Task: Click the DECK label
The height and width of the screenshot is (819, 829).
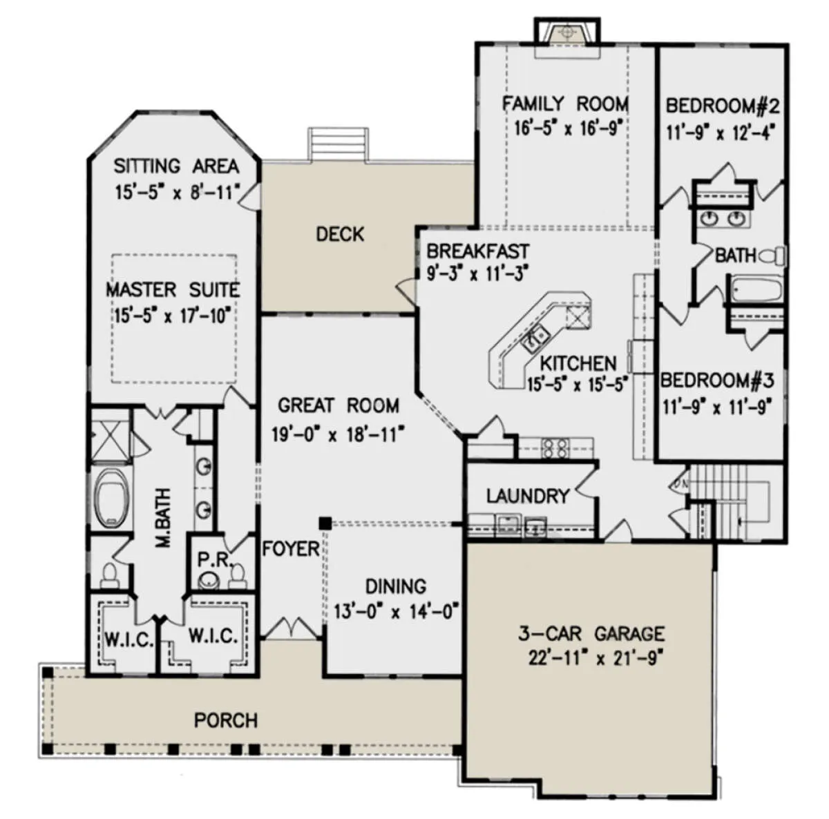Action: pyautogui.click(x=340, y=234)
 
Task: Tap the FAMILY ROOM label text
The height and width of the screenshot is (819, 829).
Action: pyautogui.click(x=566, y=104)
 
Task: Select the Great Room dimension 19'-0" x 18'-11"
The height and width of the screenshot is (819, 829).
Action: pyautogui.click(x=339, y=435)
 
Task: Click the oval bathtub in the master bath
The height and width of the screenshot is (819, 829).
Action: pyautogui.click(x=111, y=498)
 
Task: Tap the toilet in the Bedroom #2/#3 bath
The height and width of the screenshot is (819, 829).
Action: pyautogui.click(x=773, y=256)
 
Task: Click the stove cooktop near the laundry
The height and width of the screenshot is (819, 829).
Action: pyautogui.click(x=555, y=448)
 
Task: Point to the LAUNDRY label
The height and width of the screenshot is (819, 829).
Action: pyautogui.click(x=528, y=496)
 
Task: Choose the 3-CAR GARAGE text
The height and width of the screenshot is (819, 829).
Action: pyautogui.click(x=591, y=634)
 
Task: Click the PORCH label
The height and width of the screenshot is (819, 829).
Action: pyautogui.click(x=226, y=720)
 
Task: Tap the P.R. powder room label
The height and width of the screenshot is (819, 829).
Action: pyautogui.click(x=215, y=559)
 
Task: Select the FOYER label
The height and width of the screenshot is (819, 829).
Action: pyautogui.click(x=291, y=549)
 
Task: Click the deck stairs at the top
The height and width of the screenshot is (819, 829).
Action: pyautogui.click(x=338, y=144)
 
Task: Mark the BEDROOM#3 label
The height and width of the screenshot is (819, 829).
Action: pyautogui.click(x=717, y=380)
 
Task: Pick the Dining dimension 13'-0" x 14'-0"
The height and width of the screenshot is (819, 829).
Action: pyautogui.click(x=396, y=612)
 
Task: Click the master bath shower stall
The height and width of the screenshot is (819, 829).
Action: pyautogui.click(x=111, y=435)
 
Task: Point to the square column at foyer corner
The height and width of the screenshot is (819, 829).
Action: pyautogui.click(x=325, y=523)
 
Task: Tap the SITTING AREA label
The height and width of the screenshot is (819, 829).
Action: pyautogui.click(x=176, y=166)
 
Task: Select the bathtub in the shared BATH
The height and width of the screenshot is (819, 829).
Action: pyautogui.click(x=755, y=289)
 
